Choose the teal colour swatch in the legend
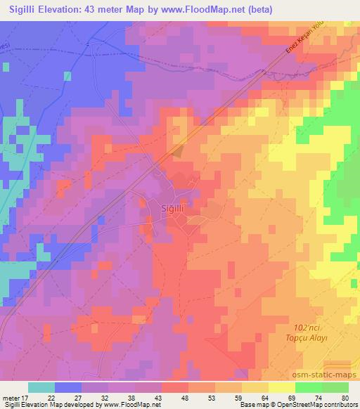[x=41, y=387]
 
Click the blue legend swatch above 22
[x=68, y=387]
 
